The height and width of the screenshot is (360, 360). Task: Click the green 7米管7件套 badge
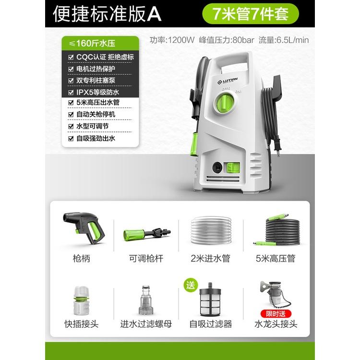click(251, 14)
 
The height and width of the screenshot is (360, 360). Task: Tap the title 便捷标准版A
click(107, 14)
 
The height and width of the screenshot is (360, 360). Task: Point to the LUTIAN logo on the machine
click(228, 81)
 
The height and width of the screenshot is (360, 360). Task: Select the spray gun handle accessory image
click(84, 228)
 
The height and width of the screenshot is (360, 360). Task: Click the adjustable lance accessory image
click(147, 233)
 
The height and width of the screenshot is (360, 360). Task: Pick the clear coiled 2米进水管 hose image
click(211, 230)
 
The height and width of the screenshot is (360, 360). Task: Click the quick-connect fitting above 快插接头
click(81, 300)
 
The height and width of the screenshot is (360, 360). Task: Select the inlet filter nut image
click(145, 300)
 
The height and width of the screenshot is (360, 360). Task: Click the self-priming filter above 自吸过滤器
click(210, 300)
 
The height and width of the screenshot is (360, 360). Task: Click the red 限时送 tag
click(276, 313)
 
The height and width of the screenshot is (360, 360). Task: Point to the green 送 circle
click(191, 286)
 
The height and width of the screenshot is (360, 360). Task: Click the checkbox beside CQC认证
click(71, 57)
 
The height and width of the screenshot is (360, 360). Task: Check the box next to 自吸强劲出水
click(71, 138)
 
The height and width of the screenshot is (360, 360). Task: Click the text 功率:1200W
click(172, 40)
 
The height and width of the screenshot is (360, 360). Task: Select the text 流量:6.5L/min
click(284, 40)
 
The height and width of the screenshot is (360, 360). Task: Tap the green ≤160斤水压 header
click(100, 43)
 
